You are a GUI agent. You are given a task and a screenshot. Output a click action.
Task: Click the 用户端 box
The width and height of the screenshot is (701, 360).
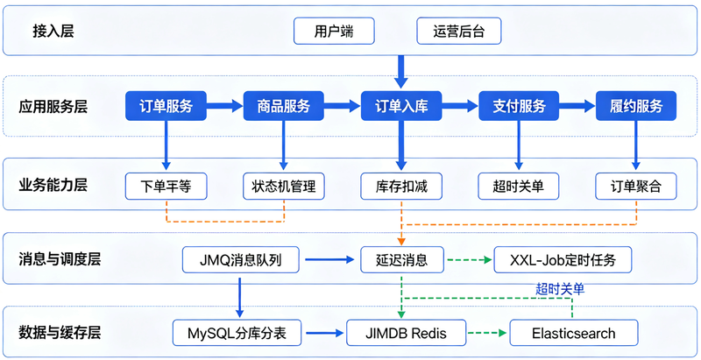click(334, 31)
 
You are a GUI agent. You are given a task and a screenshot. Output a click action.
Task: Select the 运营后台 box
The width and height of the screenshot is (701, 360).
click(458, 31)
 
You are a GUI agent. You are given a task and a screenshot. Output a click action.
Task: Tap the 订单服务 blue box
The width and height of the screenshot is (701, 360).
click(166, 106)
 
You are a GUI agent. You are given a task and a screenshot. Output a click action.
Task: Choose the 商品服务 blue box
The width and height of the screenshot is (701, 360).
click(283, 106)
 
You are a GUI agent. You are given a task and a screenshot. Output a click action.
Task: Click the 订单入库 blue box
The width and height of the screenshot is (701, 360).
click(401, 106)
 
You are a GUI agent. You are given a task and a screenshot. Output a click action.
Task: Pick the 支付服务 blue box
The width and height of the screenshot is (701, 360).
click(519, 106)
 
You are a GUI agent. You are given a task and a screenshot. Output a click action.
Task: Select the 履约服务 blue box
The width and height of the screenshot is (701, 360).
click(636, 106)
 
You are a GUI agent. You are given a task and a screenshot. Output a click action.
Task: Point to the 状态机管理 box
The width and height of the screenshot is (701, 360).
click(283, 186)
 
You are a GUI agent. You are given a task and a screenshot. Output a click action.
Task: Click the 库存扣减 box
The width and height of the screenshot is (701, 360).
click(401, 186)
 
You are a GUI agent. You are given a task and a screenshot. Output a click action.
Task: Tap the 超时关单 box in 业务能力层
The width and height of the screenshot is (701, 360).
click(519, 186)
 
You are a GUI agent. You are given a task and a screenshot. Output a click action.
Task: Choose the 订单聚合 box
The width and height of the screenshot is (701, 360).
click(636, 186)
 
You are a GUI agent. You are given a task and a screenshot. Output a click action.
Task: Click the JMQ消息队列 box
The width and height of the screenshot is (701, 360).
click(240, 259)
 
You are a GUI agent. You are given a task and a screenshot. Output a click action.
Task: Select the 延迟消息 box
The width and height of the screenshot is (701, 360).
click(402, 259)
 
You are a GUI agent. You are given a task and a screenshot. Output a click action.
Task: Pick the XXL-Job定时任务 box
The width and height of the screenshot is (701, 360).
click(563, 259)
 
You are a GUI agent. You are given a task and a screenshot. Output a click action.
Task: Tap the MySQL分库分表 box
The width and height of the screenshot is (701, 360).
click(237, 333)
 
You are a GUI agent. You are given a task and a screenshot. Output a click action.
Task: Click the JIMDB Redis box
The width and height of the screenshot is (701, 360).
click(406, 333)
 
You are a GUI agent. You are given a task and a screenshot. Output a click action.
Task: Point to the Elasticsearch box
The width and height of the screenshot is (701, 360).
click(574, 333)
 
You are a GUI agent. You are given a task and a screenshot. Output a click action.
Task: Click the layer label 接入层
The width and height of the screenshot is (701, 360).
click(53, 31)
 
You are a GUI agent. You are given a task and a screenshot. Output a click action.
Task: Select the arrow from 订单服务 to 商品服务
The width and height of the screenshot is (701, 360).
click(225, 106)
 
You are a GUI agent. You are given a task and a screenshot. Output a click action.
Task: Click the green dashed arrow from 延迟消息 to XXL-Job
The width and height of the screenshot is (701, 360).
click(468, 259)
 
